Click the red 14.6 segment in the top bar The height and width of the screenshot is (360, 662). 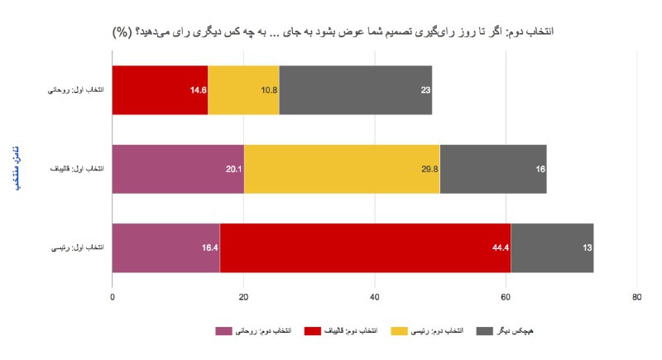(x=160, y=89)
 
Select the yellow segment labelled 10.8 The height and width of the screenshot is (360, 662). (x=243, y=89)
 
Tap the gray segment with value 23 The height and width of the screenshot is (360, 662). (x=356, y=89)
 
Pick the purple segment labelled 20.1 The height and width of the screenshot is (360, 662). (x=178, y=169)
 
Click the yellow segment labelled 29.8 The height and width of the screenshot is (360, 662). (x=342, y=169)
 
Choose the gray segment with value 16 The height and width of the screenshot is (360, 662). (x=493, y=169)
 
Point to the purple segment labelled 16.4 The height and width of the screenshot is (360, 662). (x=165, y=247)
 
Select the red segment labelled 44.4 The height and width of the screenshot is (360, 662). (x=365, y=247)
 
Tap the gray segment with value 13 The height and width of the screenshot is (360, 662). (x=552, y=247)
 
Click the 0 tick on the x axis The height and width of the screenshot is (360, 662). (x=113, y=297)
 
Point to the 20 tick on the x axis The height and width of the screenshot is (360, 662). (x=243, y=297)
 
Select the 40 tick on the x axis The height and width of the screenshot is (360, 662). (x=375, y=297)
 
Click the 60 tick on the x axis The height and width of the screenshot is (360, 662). (x=506, y=297)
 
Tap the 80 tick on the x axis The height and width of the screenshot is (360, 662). (x=636, y=297)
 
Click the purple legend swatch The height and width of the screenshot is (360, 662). (x=223, y=331)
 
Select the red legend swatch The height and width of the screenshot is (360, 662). (x=313, y=331)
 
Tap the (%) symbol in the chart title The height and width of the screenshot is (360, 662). (x=122, y=32)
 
